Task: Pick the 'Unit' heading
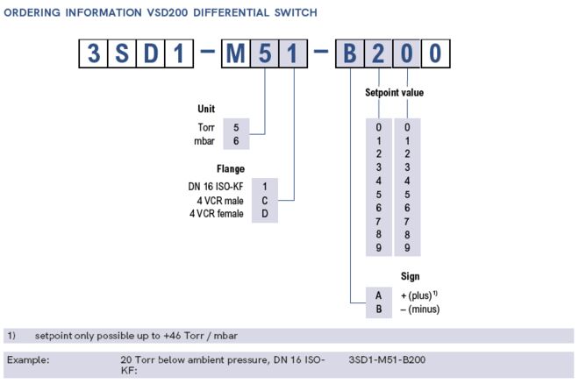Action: pos(208,110)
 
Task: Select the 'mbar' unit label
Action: pos(205,140)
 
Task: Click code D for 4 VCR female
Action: pos(264,214)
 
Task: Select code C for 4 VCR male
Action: pos(264,200)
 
